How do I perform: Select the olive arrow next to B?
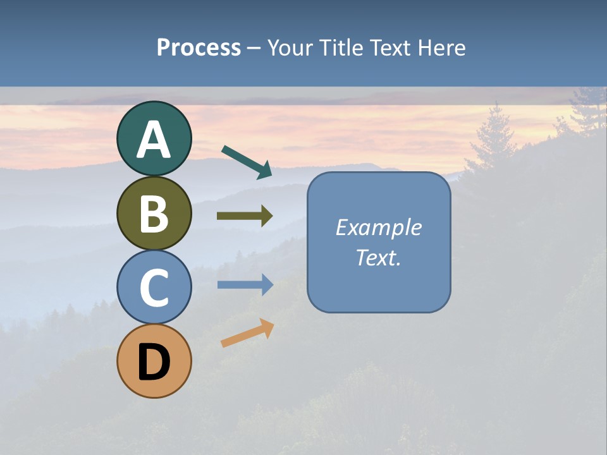245,216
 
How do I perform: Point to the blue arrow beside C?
245,285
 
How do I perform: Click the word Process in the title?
199,47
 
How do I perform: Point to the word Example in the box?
378,227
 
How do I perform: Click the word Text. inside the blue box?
378,258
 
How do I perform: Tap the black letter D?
154,363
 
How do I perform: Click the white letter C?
154,288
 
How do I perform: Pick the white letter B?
154,214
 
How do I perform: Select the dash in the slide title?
254,48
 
